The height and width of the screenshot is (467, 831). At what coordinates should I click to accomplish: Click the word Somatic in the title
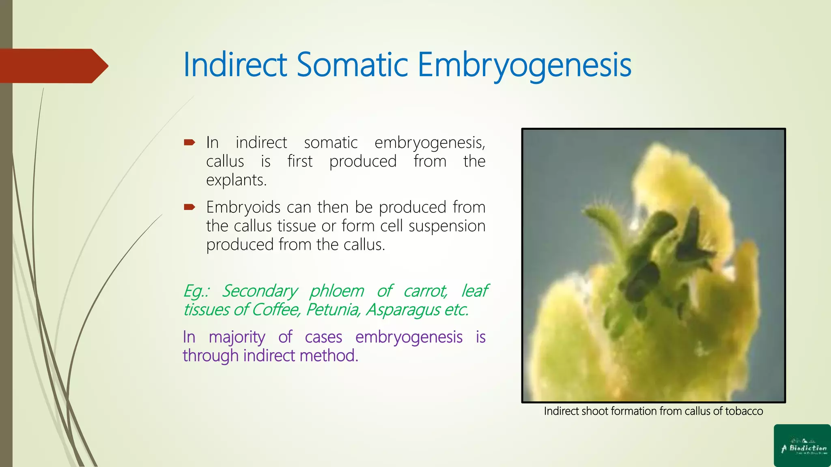(x=352, y=65)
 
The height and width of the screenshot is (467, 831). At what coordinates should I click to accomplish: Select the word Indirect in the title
(x=235, y=65)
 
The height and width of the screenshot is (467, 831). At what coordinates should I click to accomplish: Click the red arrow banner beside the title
(x=53, y=66)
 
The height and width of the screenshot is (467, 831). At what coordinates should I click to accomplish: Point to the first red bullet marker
(x=189, y=142)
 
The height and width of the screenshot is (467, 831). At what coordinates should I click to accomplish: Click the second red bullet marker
(x=189, y=207)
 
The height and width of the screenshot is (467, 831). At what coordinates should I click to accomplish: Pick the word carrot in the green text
(x=425, y=291)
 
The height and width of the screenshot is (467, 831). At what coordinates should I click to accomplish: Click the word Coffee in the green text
(x=276, y=310)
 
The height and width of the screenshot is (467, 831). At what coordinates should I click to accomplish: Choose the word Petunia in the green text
(x=333, y=310)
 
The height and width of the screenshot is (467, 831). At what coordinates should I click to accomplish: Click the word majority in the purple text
(x=237, y=337)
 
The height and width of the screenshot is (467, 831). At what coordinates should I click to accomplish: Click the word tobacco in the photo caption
(x=744, y=411)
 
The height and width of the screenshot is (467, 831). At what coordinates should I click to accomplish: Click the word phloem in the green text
(x=337, y=291)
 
